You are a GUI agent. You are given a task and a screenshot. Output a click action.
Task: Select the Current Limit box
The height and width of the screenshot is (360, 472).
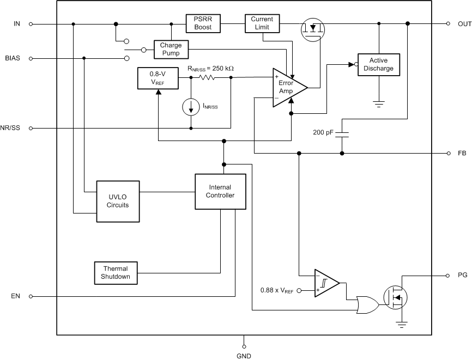[262, 23]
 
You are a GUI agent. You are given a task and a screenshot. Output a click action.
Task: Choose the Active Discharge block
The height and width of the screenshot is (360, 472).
[378, 64]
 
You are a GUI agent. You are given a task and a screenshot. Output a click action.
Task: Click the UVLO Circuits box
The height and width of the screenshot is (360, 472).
[118, 202]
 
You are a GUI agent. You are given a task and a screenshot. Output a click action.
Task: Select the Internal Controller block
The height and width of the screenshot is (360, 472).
[220, 192]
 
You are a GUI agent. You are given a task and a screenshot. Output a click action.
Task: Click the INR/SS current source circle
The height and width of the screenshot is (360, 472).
[191, 107]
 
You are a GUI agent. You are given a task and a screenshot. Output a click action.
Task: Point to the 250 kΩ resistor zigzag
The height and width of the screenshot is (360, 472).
[208, 78]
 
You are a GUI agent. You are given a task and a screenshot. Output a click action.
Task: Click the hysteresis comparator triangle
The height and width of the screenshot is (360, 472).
[326, 283]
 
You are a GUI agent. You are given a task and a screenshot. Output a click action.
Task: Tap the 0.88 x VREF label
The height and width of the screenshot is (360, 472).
[277, 291]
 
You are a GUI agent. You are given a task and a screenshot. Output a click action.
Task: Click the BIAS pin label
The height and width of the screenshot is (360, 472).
[12, 58]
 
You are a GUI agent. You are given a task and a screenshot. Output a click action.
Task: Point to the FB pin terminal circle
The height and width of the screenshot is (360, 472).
[448, 154]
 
